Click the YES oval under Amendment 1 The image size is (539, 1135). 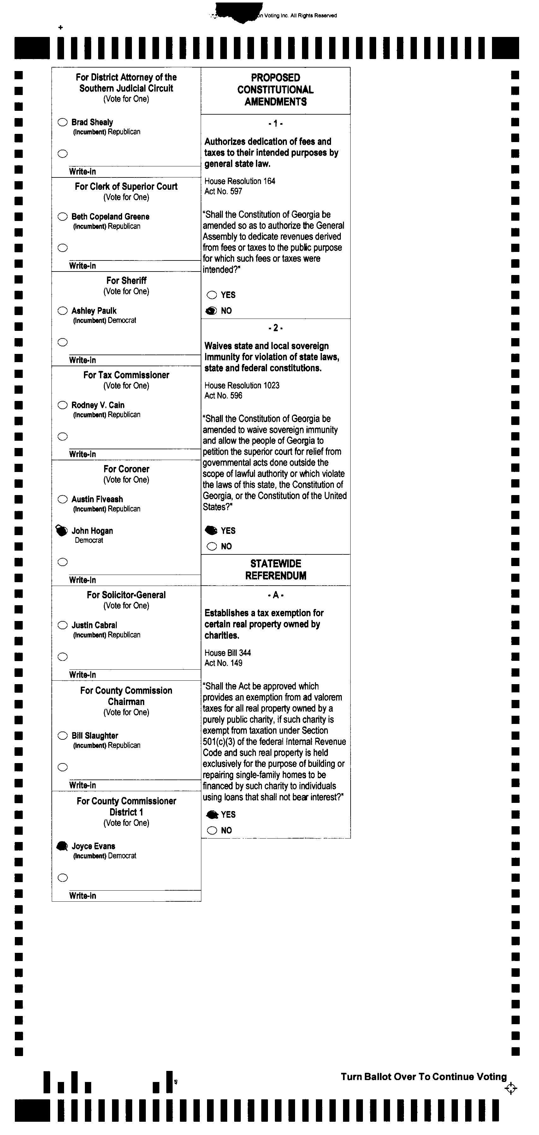[212, 295]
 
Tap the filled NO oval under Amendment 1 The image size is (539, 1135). [212, 311]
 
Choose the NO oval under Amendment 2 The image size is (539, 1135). [212, 547]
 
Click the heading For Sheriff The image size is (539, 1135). [126, 281]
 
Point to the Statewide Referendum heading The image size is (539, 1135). [276, 569]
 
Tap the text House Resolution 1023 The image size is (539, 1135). [242, 385]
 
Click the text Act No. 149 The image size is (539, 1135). [223, 663]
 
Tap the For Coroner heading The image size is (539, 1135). [126, 469]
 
